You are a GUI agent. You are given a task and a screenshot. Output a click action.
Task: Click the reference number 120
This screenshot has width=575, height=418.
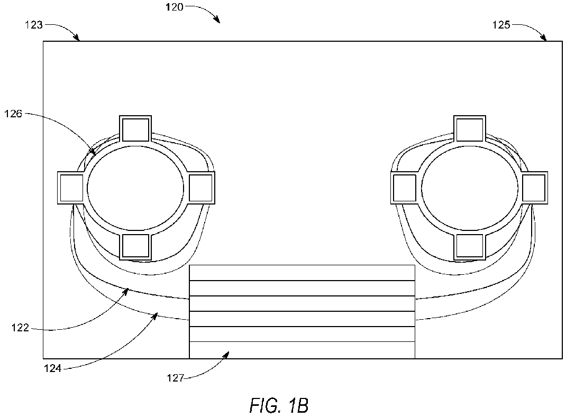(174, 7)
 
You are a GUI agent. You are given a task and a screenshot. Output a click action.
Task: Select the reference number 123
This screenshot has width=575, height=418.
(34, 25)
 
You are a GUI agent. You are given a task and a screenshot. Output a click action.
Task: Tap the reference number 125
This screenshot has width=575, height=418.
(501, 25)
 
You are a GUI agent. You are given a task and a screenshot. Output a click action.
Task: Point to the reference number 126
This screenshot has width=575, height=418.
(13, 114)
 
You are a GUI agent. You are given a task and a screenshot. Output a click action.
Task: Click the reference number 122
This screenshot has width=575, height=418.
(20, 328)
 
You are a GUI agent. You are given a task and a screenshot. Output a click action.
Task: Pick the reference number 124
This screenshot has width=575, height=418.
(53, 368)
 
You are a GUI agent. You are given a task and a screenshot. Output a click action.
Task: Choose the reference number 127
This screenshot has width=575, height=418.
(175, 378)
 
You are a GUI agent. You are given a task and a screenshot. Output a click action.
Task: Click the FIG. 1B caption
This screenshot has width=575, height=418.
(279, 405)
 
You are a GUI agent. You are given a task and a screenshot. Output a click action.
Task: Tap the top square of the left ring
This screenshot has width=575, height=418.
(135, 129)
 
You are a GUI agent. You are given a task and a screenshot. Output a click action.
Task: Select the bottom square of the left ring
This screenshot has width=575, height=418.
(135, 246)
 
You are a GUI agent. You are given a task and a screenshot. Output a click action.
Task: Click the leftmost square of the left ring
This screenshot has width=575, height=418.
(71, 188)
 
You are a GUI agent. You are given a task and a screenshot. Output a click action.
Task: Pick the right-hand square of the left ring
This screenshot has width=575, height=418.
(201, 188)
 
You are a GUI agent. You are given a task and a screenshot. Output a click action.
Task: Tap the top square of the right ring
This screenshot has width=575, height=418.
(470, 129)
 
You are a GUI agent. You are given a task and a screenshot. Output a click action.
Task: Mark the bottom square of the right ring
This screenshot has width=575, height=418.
(470, 246)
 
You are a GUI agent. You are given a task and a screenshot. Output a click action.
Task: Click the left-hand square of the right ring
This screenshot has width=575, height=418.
(405, 188)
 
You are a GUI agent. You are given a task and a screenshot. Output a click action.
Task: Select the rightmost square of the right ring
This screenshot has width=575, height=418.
(534, 188)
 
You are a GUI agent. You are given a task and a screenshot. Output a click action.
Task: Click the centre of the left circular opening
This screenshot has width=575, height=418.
(135, 188)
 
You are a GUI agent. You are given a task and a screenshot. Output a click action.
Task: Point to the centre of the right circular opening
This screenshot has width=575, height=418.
(470, 188)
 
